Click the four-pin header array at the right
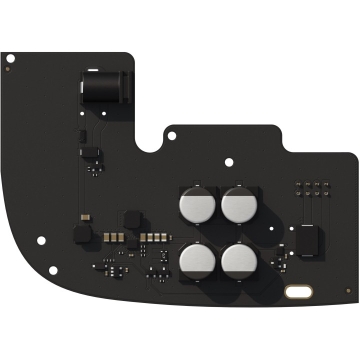pos(308,189)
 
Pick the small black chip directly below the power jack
pos(92,151)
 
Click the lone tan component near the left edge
pos(88,212)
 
